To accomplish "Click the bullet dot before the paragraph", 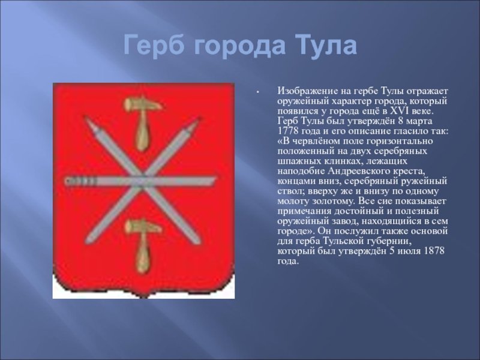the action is click(x=259, y=92).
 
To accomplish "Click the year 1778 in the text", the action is click(x=288, y=131).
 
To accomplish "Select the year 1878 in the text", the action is click(x=434, y=251).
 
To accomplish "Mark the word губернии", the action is click(x=387, y=241).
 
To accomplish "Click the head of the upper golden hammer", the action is click(x=143, y=104).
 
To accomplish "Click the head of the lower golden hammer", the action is click(x=143, y=227).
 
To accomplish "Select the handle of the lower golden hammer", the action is click(x=142, y=253).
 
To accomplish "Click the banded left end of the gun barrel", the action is click(x=80, y=181).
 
